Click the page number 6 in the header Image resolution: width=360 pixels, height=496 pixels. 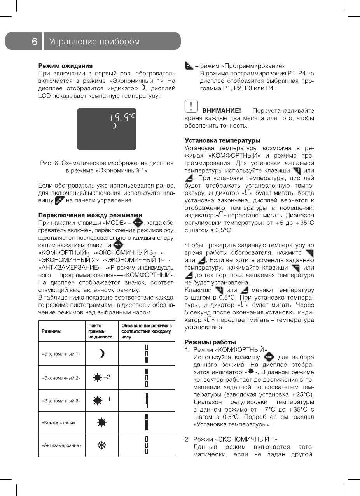tap(35, 42)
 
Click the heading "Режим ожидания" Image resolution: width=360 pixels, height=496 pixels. tap(65, 65)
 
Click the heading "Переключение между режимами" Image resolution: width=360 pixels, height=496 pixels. tap(90, 215)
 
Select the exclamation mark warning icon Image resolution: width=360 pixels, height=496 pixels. tap(190, 105)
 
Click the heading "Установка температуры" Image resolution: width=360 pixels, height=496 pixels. tap(222, 140)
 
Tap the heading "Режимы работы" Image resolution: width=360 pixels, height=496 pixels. tap(210, 342)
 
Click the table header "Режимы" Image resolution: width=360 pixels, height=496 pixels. tap(52, 331)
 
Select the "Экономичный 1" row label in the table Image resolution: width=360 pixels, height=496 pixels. tap(61, 354)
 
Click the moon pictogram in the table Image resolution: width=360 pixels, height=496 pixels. tap(101, 354)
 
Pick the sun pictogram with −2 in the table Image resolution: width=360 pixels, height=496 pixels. tap(101, 377)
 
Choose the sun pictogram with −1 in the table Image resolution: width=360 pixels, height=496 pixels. tap(101, 400)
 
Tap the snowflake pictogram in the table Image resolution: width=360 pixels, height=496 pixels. tap(101, 445)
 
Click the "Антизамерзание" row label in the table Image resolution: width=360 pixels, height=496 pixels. tap(61, 445)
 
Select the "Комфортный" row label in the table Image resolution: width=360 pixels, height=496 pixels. tap(58, 422)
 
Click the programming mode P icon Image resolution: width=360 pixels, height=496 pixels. tap(189, 66)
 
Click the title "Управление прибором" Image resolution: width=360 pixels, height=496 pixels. tap(94, 42)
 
